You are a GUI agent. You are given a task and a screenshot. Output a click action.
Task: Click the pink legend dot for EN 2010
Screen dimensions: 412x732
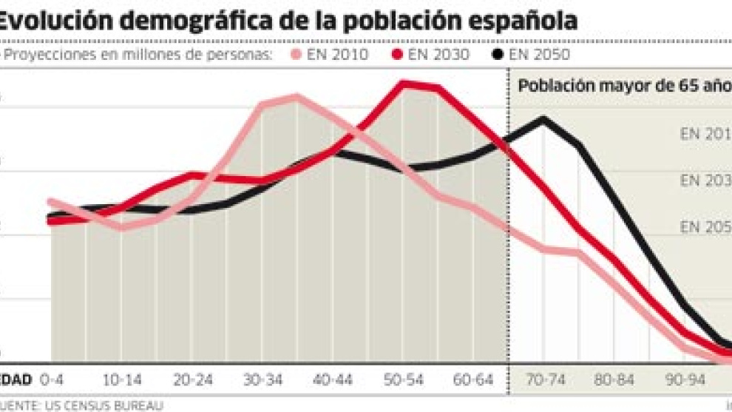pos(297,55)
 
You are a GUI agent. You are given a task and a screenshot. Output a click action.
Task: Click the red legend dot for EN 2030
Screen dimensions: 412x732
pos(397,55)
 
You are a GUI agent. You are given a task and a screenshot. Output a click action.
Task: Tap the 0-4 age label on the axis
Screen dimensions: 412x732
pos(52,380)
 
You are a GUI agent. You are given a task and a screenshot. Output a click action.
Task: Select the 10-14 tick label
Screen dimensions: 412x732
pos(122,380)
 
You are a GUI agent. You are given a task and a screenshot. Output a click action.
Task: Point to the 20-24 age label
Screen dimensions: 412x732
pos(193,380)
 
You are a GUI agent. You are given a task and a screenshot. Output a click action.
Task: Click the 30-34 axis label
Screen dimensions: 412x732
pos(263,380)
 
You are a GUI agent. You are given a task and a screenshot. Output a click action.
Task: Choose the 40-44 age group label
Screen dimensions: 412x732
pos(333,380)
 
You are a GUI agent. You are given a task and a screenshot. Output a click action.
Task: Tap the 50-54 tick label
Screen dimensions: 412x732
pos(404,380)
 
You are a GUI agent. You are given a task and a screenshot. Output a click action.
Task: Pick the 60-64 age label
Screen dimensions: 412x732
pos(474,380)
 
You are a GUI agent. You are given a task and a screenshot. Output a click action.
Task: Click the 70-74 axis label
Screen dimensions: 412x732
pos(545,380)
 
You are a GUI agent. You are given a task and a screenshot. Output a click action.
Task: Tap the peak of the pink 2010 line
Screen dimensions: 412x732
pos(296,96)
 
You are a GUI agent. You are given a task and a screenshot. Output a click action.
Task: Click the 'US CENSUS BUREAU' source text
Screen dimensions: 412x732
pos(111,405)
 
